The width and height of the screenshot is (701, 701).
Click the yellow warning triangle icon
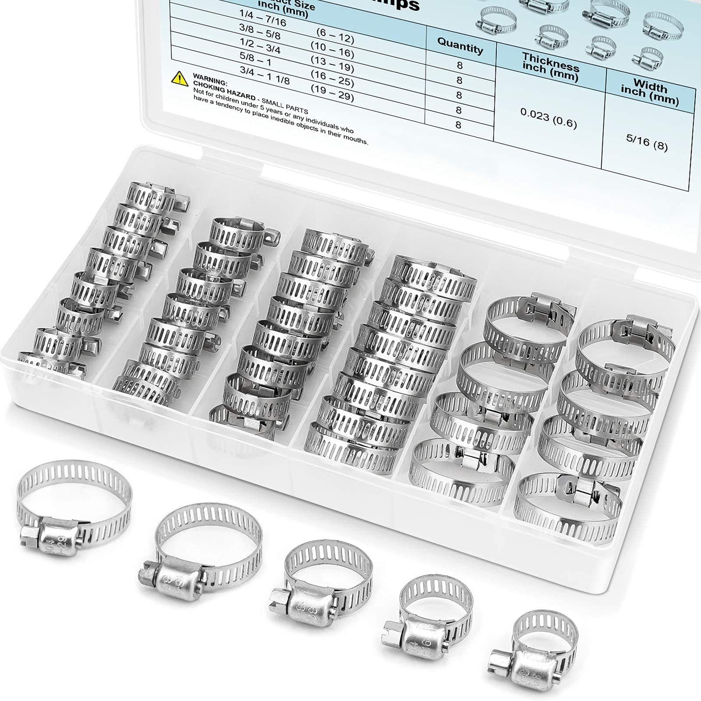point(180,78)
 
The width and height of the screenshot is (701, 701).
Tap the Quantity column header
point(460,45)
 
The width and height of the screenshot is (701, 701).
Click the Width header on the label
point(650,92)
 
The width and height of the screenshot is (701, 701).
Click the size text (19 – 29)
point(332,93)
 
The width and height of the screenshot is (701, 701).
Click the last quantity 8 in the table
point(458,125)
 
